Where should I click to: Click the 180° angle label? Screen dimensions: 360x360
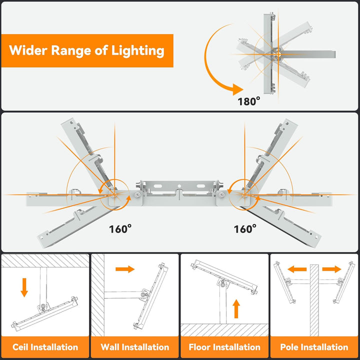coord(249,100)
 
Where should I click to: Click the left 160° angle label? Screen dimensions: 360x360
coord(120,228)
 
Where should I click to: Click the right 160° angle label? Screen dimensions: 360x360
coord(245,228)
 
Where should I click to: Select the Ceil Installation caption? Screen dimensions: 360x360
coord(45,346)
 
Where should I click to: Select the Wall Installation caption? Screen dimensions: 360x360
coord(135,346)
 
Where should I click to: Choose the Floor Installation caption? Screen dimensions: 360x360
coord(224,346)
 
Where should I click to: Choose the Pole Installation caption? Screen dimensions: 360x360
coord(314,346)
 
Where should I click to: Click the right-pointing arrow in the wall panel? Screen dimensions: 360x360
coord(125,269)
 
